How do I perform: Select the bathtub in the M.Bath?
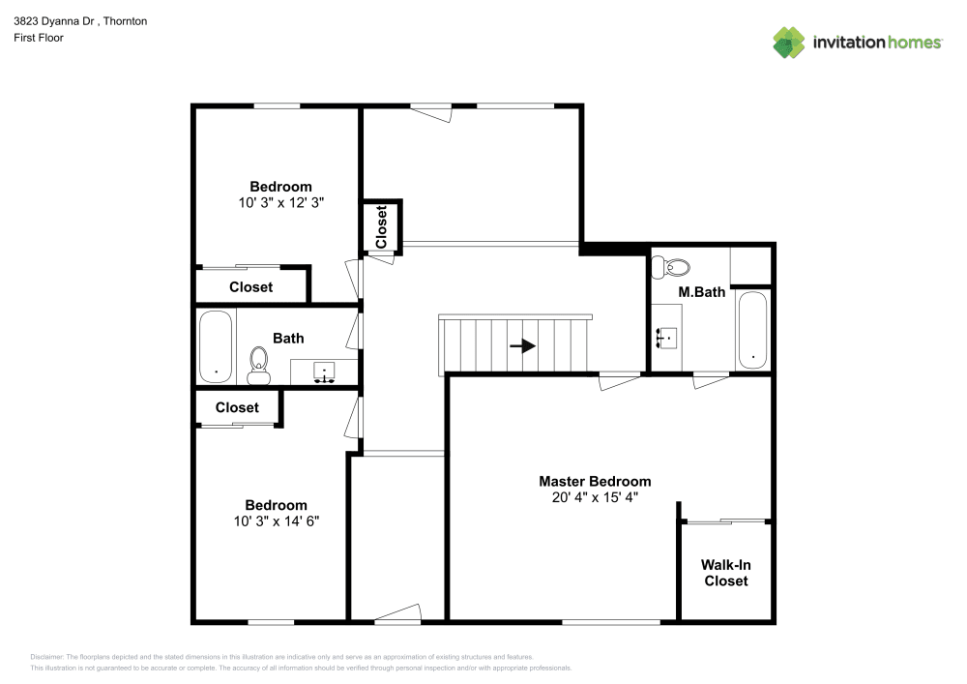(x=751, y=330)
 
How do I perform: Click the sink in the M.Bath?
(x=667, y=338)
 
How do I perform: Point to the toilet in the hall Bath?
(x=258, y=360)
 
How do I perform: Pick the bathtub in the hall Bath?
(x=216, y=345)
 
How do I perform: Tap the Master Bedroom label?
(x=595, y=481)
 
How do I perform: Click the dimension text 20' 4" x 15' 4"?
(x=595, y=497)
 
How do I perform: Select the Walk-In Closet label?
(x=725, y=573)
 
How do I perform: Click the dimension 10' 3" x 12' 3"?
(x=280, y=203)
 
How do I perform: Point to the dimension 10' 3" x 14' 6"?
(x=276, y=520)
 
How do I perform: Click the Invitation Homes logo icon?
(x=789, y=42)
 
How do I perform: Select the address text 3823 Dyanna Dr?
(x=53, y=20)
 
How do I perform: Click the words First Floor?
(x=38, y=38)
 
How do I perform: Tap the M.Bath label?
(x=701, y=292)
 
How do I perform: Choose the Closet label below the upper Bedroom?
(x=250, y=286)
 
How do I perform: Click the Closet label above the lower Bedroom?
(x=237, y=407)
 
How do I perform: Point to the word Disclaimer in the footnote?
(x=46, y=656)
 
